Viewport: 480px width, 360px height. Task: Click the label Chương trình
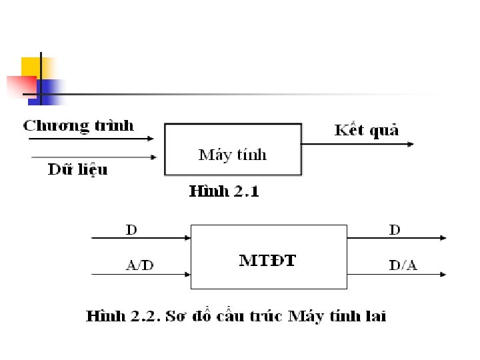(x=79, y=126)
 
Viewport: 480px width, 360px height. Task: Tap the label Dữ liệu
(x=77, y=169)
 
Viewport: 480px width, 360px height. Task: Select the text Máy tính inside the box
(x=233, y=155)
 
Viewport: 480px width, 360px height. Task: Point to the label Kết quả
(x=367, y=130)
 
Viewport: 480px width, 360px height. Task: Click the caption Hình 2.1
(x=224, y=192)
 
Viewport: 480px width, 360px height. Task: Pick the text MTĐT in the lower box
(x=267, y=260)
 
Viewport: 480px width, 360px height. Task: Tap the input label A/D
(x=140, y=265)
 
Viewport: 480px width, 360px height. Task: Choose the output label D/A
(x=403, y=266)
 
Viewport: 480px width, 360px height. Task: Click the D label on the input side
(x=132, y=230)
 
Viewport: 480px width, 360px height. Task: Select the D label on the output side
(x=395, y=230)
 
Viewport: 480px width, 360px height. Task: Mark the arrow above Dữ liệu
(x=93, y=158)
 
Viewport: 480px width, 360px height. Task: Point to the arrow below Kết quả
(x=357, y=143)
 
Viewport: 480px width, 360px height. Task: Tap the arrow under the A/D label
(x=140, y=274)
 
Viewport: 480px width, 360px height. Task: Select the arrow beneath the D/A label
(x=397, y=274)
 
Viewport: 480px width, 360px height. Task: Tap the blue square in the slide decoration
(x=49, y=91)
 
